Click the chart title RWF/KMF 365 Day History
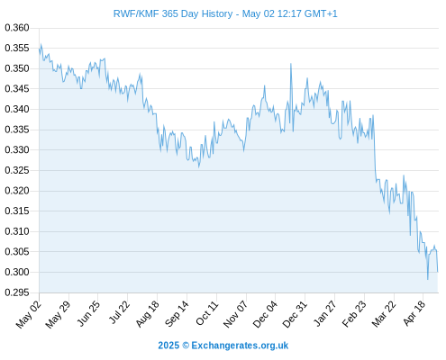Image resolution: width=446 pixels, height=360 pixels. tap(173, 13)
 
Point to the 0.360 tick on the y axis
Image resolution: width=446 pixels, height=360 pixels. tap(17, 28)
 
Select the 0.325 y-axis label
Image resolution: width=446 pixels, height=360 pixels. tap(17, 170)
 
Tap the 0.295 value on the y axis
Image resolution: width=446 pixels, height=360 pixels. tap(17, 292)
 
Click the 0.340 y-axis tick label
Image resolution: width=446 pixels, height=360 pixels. tap(17, 109)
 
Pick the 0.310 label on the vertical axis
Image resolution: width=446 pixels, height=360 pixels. tap(17, 231)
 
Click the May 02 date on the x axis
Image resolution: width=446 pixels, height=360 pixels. tap(28, 314)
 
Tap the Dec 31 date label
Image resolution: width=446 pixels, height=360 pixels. tap(295, 314)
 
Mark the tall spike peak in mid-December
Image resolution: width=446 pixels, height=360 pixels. tap(291, 64)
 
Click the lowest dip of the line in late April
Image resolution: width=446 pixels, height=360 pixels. tap(428, 279)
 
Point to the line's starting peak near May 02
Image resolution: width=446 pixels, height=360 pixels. tap(41, 44)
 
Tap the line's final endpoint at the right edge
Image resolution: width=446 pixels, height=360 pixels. tap(438, 272)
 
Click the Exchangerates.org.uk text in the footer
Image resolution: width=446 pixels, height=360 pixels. tap(240, 346)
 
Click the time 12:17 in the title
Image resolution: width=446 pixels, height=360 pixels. tap(289, 13)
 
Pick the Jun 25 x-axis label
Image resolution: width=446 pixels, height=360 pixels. tap(88, 313)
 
